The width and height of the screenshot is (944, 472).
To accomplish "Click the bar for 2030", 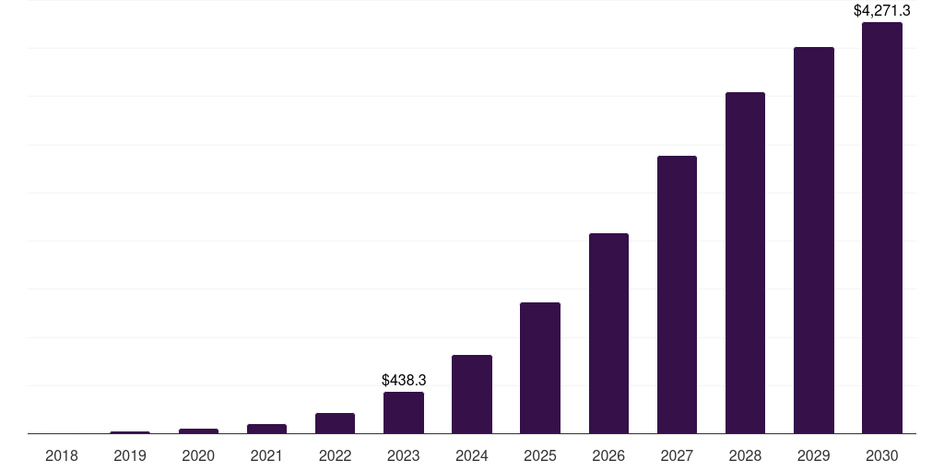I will point(881,228).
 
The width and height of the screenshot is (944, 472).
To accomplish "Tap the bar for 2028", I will point(745,263).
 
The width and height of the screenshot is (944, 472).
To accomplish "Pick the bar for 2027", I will point(677,294).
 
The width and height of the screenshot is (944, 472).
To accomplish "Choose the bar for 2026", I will point(608,333).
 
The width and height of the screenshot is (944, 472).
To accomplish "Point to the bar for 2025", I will point(540,368).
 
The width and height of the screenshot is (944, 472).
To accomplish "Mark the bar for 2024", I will point(472,394).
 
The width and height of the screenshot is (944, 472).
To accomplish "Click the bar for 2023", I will point(404,412).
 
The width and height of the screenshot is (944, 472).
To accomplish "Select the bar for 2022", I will point(335,423).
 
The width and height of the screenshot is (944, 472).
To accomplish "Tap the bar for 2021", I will point(266,429).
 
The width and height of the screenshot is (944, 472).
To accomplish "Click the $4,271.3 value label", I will point(881,11).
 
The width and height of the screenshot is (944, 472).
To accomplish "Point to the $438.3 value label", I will point(404,380).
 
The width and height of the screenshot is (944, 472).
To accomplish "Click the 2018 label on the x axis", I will point(62,455).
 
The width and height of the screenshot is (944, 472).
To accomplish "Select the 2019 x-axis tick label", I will point(130,455).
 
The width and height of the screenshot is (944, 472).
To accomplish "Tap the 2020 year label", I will point(198,455).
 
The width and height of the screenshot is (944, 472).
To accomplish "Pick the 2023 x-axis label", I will point(404,455).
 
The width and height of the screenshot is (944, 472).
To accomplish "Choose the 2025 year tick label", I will point(540,455).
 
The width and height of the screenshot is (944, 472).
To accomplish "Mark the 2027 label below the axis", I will point(677,455).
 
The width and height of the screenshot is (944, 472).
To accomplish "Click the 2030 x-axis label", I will point(881,455).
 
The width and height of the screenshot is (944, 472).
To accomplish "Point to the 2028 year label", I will point(745,455).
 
